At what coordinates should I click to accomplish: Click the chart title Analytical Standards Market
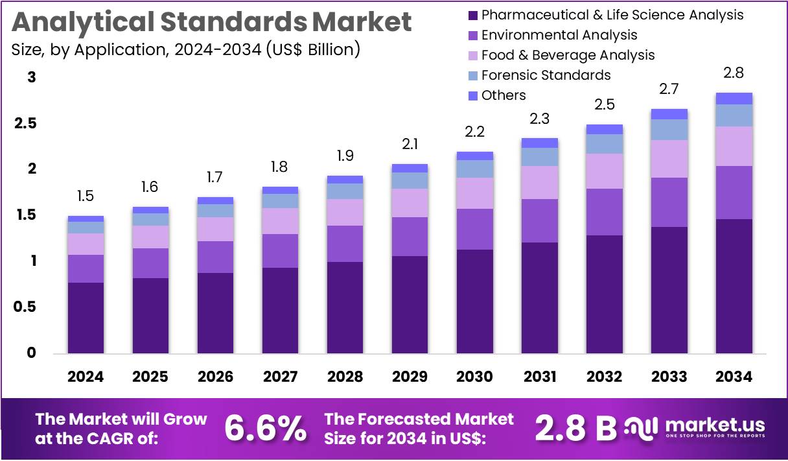pyautogui.click(x=211, y=22)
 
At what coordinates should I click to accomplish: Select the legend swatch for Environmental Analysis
pyautogui.click(x=472, y=35)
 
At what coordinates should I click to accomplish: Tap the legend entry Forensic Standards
pyautogui.click(x=546, y=75)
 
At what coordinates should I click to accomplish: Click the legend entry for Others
pyautogui.click(x=504, y=95)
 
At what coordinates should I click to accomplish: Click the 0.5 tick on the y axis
pyautogui.click(x=26, y=307)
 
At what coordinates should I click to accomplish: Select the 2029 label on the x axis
pyautogui.click(x=410, y=377)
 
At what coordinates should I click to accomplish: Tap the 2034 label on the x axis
pyautogui.click(x=734, y=377)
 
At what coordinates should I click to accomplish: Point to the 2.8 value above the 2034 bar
pyautogui.click(x=734, y=73)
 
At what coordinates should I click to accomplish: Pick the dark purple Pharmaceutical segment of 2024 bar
pyautogui.click(x=86, y=318)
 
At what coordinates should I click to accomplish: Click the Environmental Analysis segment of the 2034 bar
pyautogui.click(x=734, y=193)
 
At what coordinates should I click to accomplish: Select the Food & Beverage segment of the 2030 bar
pyautogui.click(x=474, y=193)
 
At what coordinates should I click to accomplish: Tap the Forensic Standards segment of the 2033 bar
pyautogui.click(x=669, y=130)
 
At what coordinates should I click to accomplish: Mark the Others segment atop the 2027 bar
pyautogui.click(x=280, y=190)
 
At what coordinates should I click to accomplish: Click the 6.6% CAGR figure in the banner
pyautogui.click(x=265, y=428)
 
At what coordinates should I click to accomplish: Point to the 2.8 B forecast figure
pyautogui.click(x=575, y=428)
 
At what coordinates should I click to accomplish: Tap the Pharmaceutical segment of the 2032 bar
pyautogui.click(x=604, y=294)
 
